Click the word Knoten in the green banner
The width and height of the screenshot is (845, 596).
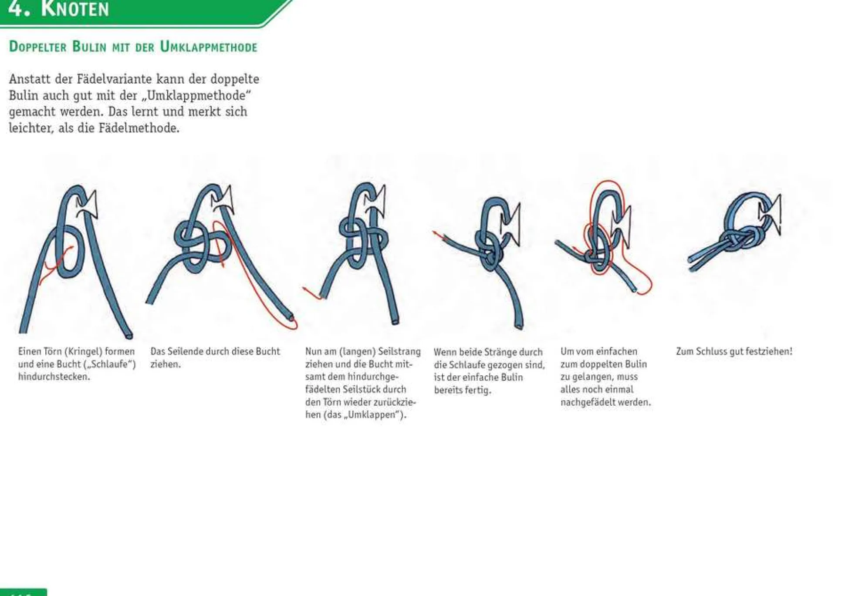(x=75, y=9)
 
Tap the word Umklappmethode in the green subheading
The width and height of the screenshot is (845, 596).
(x=209, y=47)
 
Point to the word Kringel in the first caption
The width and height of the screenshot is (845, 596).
(x=85, y=351)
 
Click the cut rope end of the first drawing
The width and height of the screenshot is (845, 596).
(x=128, y=336)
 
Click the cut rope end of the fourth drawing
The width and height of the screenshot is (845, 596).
(x=519, y=326)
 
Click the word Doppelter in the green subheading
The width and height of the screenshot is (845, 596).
(x=38, y=47)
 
